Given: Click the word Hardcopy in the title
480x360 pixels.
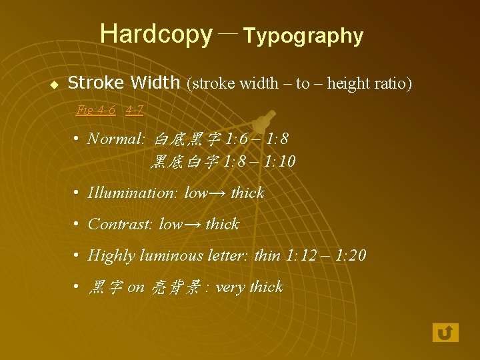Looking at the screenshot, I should [155, 33].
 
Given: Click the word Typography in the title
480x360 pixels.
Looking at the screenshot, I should [303, 36].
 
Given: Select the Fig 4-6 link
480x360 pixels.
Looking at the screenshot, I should [96, 109].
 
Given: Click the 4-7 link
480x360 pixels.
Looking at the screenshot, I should [134, 109].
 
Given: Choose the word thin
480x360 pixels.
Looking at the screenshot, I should [267, 255].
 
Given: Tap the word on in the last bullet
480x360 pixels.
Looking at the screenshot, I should [135, 287].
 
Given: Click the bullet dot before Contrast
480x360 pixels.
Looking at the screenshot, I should [77, 224].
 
